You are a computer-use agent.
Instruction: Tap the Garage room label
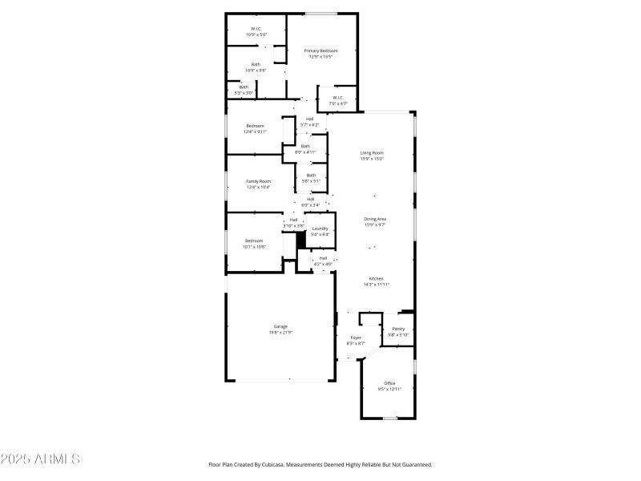point(280,326)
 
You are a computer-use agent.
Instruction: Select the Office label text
point(389,383)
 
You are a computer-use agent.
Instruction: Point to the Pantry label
point(398,329)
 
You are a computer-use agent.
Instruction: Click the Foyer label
point(355,338)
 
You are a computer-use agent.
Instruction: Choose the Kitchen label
point(376,278)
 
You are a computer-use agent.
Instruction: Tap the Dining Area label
point(375,219)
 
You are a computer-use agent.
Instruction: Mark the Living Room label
point(372,152)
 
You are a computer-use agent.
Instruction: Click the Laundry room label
point(320,228)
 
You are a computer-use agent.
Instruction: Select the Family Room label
point(258,181)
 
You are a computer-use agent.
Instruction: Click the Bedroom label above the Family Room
point(255,126)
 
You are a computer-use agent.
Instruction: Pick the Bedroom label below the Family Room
point(254,240)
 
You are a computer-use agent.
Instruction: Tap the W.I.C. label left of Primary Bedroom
point(256,29)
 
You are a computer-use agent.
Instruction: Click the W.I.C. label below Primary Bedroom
point(338,98)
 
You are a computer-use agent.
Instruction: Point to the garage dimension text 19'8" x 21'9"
point(280,332)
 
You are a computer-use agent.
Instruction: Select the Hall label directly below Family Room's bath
point(310,199)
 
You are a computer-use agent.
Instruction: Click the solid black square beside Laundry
point(302,239)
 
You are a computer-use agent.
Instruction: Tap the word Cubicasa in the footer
point(290,464)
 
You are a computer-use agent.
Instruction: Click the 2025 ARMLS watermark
point(40,459)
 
